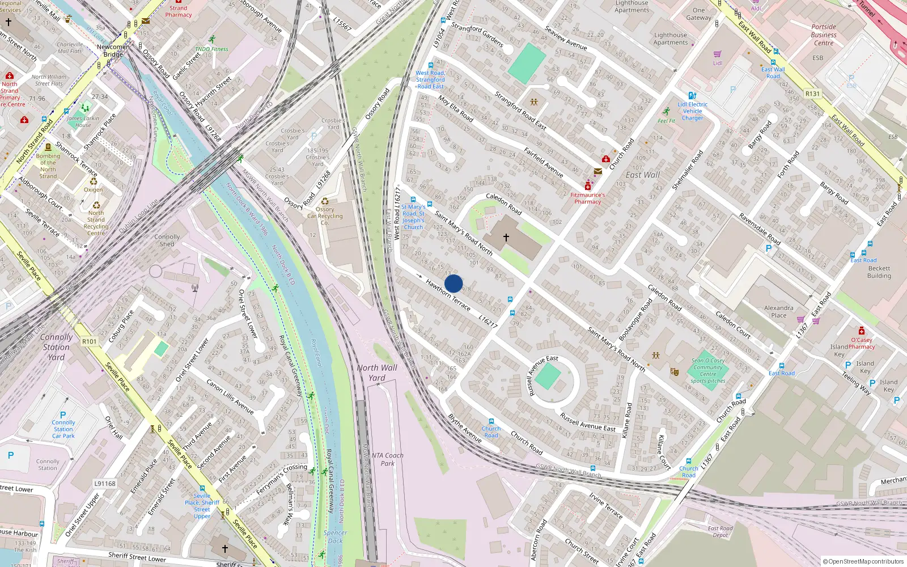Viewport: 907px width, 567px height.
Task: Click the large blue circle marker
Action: point(453,283)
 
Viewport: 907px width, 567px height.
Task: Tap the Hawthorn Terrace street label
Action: point(448,295)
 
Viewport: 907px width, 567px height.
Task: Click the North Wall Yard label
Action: point(377,373)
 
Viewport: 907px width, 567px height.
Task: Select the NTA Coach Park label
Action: point(388,459)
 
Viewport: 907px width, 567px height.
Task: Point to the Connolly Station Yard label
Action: point(56,346)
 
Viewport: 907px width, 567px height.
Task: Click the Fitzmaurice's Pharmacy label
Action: point(588,198)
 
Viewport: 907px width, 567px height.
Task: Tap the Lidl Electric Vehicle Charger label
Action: point(692,111)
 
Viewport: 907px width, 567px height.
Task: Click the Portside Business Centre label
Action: point(824,35)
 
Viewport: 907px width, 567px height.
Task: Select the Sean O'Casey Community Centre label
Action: point(708,367)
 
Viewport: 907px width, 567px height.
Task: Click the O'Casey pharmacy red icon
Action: point(862,331)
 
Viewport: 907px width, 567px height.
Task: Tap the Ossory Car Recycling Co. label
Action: point(325,216)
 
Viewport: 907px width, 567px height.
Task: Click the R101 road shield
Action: point(90,341)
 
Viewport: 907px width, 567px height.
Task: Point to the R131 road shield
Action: point(812,94)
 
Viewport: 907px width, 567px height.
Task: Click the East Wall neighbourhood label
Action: point(642,175)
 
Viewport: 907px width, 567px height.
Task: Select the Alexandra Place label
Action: point(778,311)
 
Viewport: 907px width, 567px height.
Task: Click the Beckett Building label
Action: point(879,272)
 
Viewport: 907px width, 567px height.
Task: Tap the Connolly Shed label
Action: point(167,240)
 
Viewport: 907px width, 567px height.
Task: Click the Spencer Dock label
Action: point(335,536)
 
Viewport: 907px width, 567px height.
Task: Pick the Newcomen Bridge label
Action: point(113,50)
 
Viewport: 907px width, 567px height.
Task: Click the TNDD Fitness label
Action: point(211,49)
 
